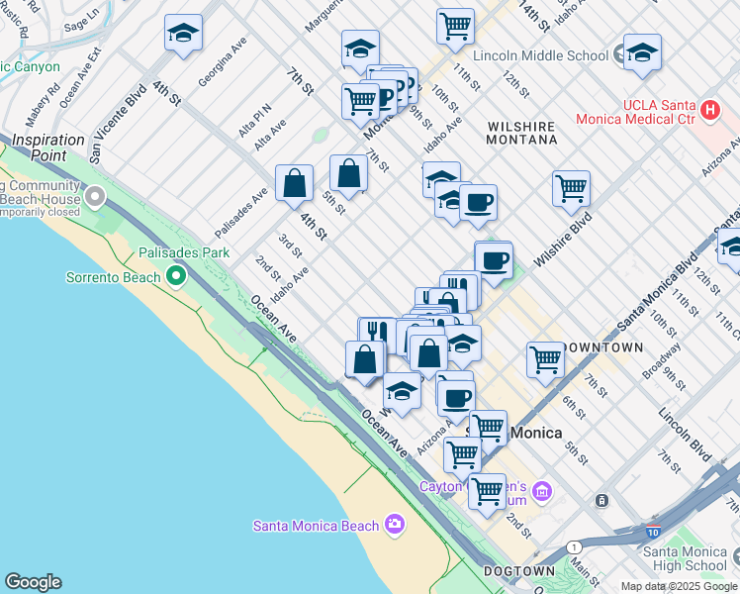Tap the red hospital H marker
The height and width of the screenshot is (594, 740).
tap(709, 111)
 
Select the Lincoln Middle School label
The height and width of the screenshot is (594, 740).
tap(540, 56)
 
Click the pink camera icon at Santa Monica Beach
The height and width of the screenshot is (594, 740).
tap(395, 524)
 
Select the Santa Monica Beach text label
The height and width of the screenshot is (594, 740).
tap(316, 525)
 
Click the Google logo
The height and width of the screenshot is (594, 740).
tap(32, 582)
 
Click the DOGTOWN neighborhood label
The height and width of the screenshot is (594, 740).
tap(519, 572)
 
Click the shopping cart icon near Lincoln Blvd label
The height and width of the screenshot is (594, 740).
tap(545, 358)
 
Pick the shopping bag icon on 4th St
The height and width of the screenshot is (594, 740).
tap(294, 183)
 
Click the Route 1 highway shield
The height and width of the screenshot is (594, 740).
tap(574, 546)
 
